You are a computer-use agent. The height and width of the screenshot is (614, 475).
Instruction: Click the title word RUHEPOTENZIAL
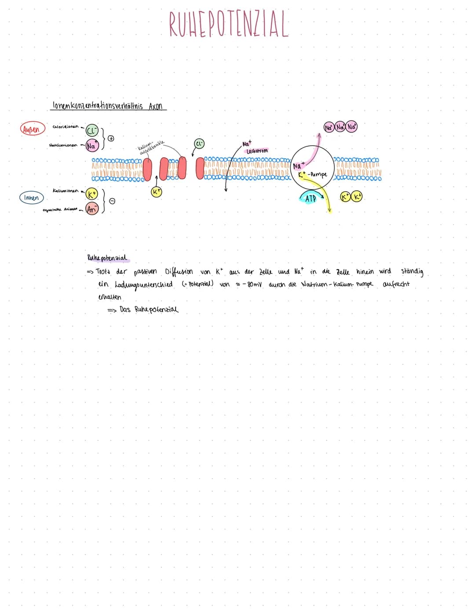229,24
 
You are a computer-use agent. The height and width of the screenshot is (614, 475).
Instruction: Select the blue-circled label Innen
31,198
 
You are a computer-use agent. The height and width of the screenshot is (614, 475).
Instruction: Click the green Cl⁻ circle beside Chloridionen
92,131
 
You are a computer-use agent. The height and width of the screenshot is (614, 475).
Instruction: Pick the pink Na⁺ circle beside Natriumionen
92,145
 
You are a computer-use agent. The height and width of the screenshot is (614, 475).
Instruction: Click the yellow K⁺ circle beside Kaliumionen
92,194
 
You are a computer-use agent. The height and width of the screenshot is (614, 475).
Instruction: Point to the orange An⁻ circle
92,209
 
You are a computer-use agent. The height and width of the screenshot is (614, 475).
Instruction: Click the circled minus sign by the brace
112,201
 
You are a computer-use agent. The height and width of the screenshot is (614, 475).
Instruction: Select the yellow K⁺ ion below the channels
157,192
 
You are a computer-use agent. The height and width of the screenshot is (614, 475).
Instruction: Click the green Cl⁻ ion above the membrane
199,144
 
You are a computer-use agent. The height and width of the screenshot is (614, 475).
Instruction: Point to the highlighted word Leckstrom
257,151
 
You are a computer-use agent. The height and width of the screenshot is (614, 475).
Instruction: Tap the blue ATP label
311,199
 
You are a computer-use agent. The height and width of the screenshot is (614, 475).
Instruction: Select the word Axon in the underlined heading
156,106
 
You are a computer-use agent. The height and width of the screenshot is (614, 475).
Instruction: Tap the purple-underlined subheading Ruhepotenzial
107,258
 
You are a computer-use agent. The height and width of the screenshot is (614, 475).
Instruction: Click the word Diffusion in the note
179,271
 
